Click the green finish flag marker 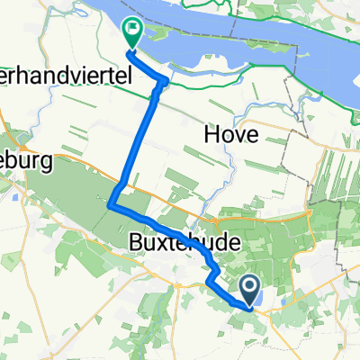[131, 33]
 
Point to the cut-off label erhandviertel [67, 77]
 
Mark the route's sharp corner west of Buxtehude [111, 206]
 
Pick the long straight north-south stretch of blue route [135, 144]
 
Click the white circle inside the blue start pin [251, 285]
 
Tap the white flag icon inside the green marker [132, 30]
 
